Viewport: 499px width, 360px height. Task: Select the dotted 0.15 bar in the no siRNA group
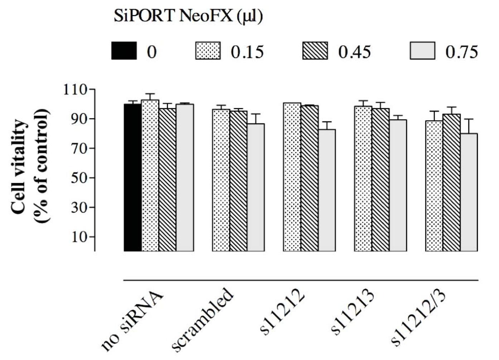150,175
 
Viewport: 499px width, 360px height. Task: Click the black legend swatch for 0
124,51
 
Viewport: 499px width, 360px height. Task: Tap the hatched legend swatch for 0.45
315,51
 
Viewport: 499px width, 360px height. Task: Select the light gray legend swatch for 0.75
422,51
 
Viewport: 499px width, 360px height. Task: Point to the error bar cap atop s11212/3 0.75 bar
469,119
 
